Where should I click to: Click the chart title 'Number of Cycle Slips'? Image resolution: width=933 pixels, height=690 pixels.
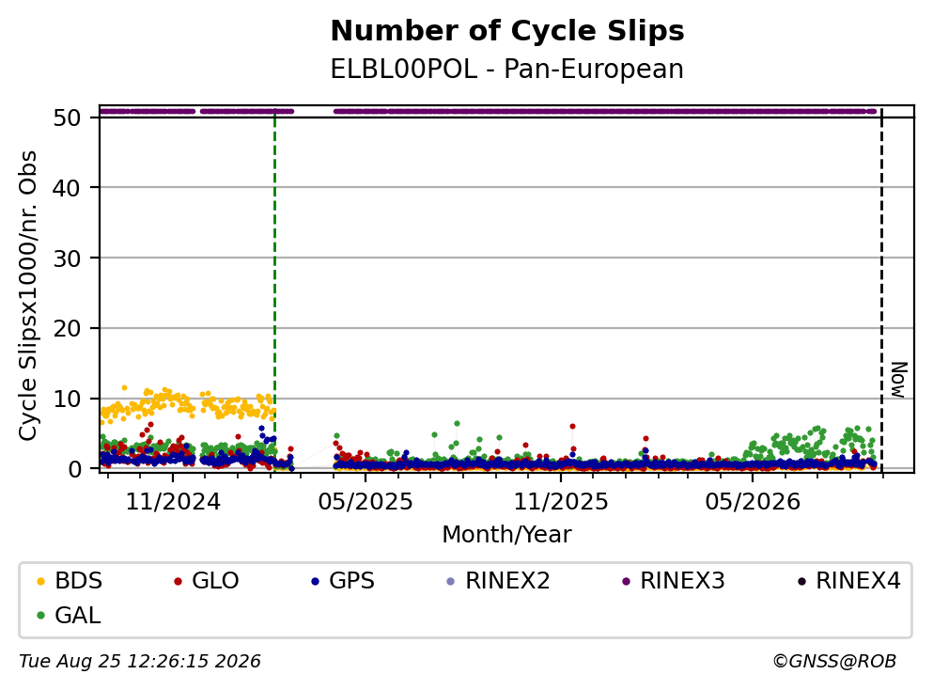pos(507,31)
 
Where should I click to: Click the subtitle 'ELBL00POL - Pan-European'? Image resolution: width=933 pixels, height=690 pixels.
pos(507,69)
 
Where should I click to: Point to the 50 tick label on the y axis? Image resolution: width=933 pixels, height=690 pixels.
pos(67,118)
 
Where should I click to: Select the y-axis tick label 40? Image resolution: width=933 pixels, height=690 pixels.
pos(67,188)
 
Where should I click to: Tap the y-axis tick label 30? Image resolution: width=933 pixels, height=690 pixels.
pos(67,259)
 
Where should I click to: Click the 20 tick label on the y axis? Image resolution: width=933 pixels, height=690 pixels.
pos(67,329)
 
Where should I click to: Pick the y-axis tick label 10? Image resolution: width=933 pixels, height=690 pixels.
pos(67,399)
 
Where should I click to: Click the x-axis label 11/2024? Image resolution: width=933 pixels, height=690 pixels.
pos(173,502)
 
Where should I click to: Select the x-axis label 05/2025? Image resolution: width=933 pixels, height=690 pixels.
pos(365,502)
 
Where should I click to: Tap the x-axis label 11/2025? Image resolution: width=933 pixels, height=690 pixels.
pos(561,502)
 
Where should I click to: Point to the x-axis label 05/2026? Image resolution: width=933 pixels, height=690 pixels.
pos(753,502)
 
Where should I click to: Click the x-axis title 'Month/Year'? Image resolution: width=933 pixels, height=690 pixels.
pos(507,535)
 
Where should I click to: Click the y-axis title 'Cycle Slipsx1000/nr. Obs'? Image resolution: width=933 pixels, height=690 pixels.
pos(27,295)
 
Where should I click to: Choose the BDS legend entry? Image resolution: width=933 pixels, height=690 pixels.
pos(70,580)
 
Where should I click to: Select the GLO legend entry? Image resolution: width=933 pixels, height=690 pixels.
pos(207,580)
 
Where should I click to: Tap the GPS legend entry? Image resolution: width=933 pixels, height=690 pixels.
pos(343,580)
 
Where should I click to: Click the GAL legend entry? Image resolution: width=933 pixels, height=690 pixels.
pos(69,615)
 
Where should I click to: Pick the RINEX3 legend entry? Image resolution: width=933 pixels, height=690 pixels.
pos(674,580)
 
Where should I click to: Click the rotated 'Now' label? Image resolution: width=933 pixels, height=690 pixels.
pos(899,380)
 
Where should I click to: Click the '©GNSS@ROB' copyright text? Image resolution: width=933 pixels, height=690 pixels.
pos(834,662)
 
